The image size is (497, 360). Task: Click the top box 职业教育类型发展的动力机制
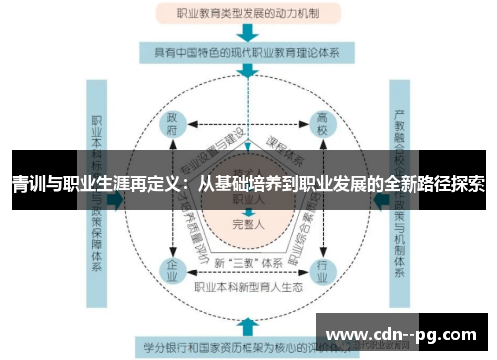click(x=248, y=14)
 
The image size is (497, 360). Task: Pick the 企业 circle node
click(x=173, y=268)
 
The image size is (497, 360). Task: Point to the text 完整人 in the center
click(x=248, y=225)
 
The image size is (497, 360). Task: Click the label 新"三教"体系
click(x=248, y=261)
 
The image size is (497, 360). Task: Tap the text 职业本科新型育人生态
click(x=248, y=288)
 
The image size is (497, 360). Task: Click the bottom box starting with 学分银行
click(x=248, y=348)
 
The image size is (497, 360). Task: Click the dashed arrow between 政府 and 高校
click(x=248, y=126)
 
